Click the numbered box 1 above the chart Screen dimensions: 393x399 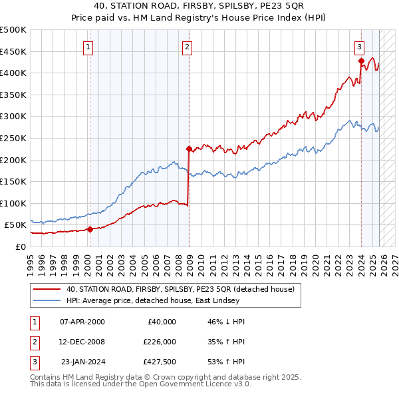coord(88,47)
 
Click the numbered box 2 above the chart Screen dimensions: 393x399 coord(188,47)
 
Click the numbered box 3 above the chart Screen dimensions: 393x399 coord(359,47)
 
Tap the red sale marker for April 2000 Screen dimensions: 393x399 coord(89,229)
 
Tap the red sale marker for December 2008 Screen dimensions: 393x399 coord(189,149)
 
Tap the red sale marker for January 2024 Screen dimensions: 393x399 coord(361,61)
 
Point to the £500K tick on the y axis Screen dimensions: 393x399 coord(13,30)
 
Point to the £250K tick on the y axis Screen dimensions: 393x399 coord(13,138)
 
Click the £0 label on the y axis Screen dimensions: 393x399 coord(20,246)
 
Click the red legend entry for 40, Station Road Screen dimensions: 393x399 coord(180,289)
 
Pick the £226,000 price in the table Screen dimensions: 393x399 coord(160,342)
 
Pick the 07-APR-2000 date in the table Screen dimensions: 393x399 coord(82,322)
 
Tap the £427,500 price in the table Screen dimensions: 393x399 coord(160,362)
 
